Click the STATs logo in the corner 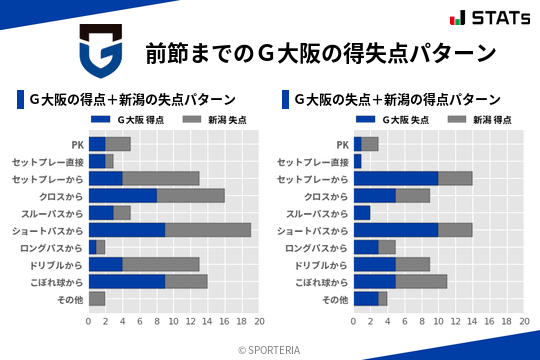coord(489,18)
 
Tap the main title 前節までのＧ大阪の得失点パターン coord(320,52)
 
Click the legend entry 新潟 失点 coord(215,120)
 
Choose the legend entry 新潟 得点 coord(479,120)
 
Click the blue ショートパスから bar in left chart coord(127,230)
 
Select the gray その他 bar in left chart coord(97,299)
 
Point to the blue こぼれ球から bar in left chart coord(127,281)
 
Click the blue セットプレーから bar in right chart coord(396,178)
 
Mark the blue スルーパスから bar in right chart coord(362,212)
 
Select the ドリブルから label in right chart coord(321,264)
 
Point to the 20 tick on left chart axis coord(259,321)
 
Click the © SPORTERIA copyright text coord(270,349)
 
